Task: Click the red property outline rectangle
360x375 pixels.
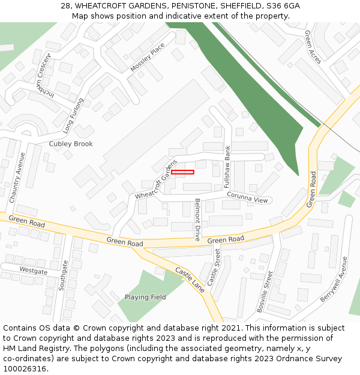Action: coord(182,172)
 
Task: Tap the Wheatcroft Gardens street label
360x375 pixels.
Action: coord(156,179)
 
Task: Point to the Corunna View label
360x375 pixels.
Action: coord(247,197)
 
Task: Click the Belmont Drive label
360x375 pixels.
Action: coord(197,220)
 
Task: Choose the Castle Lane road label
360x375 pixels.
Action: coord(190,280)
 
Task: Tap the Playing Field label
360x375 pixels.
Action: coord(145,297)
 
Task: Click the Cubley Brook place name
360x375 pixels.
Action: coord(71,144)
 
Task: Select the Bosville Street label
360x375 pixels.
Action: coord(265,292)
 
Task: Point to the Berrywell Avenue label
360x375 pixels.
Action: coord(334,279)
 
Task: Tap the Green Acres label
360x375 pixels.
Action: coord(313,46)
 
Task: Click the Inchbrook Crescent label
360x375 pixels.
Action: coord(45,77)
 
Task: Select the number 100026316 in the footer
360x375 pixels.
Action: coord(23,369)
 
